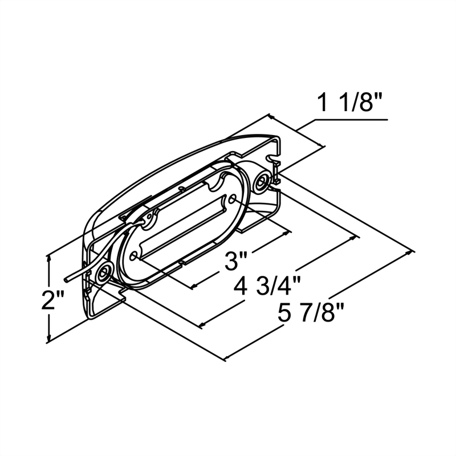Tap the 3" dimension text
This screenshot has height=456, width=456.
234,262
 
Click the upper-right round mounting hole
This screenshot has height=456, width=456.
263,182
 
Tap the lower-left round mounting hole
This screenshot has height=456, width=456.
103,274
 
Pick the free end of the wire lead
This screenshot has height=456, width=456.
67,281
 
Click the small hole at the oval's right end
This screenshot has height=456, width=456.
235,199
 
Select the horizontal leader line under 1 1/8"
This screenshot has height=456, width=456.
351,120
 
